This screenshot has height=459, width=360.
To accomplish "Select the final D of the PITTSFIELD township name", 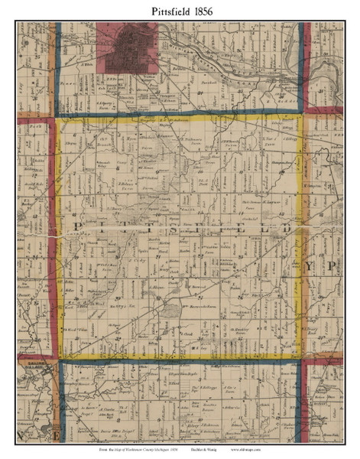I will click(285, 229).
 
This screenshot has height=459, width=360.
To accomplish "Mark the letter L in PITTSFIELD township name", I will click(261, 228).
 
